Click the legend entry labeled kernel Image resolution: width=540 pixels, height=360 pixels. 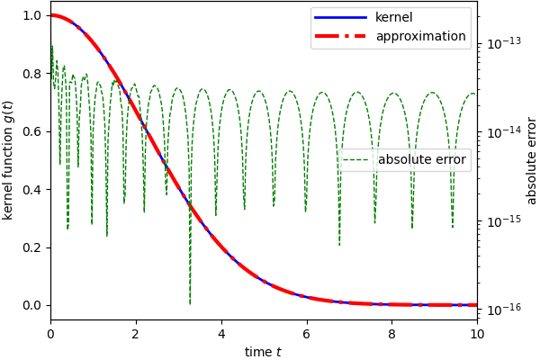pos(394,17)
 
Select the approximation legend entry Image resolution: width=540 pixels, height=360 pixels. pos(420,36)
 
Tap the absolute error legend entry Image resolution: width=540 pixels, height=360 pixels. pos(422,160)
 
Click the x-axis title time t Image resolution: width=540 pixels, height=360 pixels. pos(263,352)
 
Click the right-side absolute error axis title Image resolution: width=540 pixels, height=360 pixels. pos(531,160)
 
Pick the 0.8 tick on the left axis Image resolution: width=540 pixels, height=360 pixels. pos(32,74)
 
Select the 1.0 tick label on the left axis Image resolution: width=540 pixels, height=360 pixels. pos(32,16)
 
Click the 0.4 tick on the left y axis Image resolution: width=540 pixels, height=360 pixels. pos(32,190)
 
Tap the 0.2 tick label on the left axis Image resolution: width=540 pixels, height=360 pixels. pos(32,247)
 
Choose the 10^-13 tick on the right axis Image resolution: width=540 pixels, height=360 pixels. pos(501,42)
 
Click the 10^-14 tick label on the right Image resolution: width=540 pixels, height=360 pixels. pos(501,131)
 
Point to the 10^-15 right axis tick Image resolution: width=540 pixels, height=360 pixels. pos(501,220)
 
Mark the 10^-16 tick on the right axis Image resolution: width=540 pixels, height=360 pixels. pos(501,310)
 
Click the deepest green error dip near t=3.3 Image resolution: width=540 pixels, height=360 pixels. pos(190,302)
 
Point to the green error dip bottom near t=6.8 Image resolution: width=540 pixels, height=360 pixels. pos(339,244)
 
